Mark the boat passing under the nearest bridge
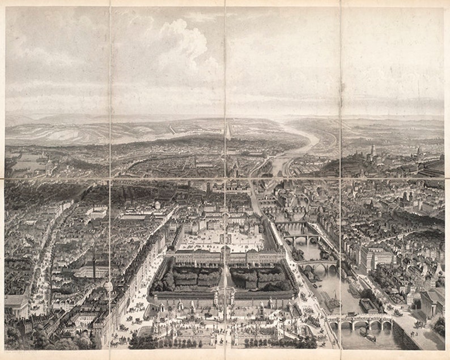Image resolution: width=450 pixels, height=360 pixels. pos(371,337)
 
